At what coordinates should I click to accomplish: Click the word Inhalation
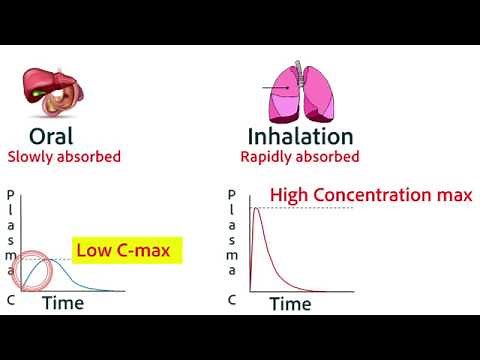[x=300, y=136]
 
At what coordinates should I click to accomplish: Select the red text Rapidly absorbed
[x=300, y=157]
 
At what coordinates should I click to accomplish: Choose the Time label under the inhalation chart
[x=291, y=303]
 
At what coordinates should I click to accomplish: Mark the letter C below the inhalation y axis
[x=231, y=299]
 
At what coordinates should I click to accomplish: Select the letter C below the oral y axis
[x=10, y=299]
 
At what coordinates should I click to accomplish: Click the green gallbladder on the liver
[x=37, y=95]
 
